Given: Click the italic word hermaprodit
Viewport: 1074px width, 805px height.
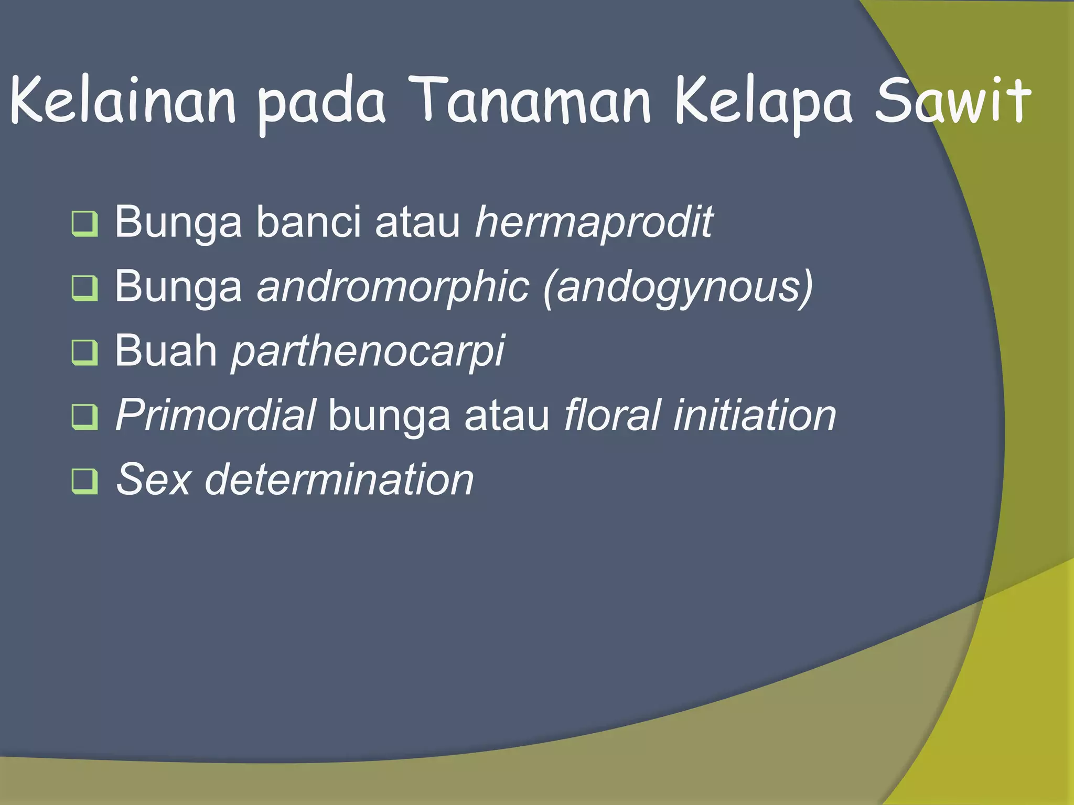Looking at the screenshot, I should click(x=593, y=223).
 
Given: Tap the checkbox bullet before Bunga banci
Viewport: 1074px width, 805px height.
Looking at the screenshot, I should click(x=84, y=224).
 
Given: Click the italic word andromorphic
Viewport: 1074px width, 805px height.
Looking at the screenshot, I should click(x=393, y=287).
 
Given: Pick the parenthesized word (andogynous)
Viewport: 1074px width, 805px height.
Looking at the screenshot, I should click(x=678, y=288).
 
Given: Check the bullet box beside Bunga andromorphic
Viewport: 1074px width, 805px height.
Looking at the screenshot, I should click(x=84, y=288).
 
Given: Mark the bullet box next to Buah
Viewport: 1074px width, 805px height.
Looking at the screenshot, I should click(x=84, y=352).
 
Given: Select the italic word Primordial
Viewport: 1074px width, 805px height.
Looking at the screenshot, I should click(x=216, y=415).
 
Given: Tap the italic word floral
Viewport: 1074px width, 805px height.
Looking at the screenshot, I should click(x=611, y=415).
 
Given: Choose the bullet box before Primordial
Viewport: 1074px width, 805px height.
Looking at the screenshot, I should click(x=84, y=417).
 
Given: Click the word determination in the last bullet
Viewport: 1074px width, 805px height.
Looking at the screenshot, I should click(x=339, y=479).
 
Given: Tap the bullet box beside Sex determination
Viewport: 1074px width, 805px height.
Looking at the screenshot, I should click(x=84, y=481).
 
